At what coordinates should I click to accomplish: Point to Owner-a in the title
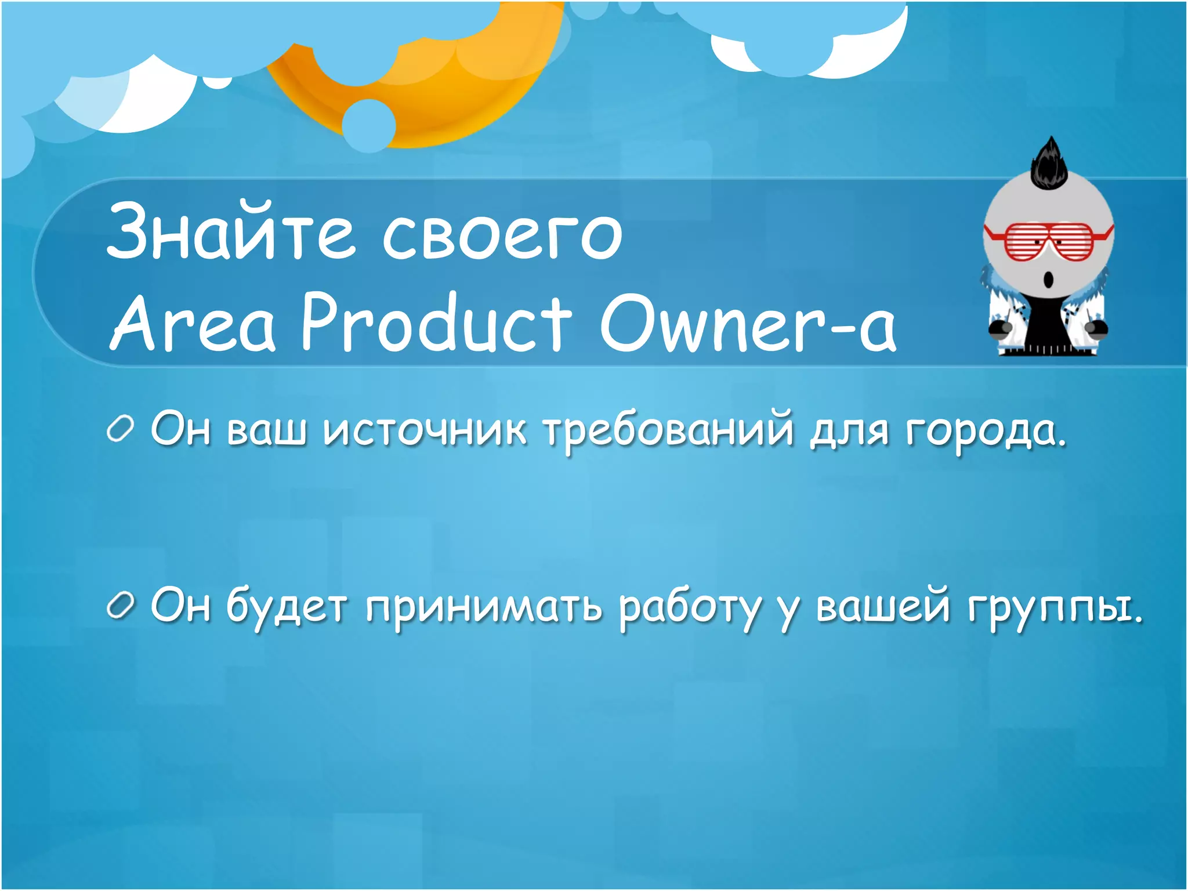coord(748,323)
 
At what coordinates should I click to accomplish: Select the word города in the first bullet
coord(986,432)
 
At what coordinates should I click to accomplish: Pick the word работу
coord(690,609)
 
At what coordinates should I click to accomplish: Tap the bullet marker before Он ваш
coord(121,430)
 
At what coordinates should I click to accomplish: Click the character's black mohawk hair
coord(1050,165)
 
